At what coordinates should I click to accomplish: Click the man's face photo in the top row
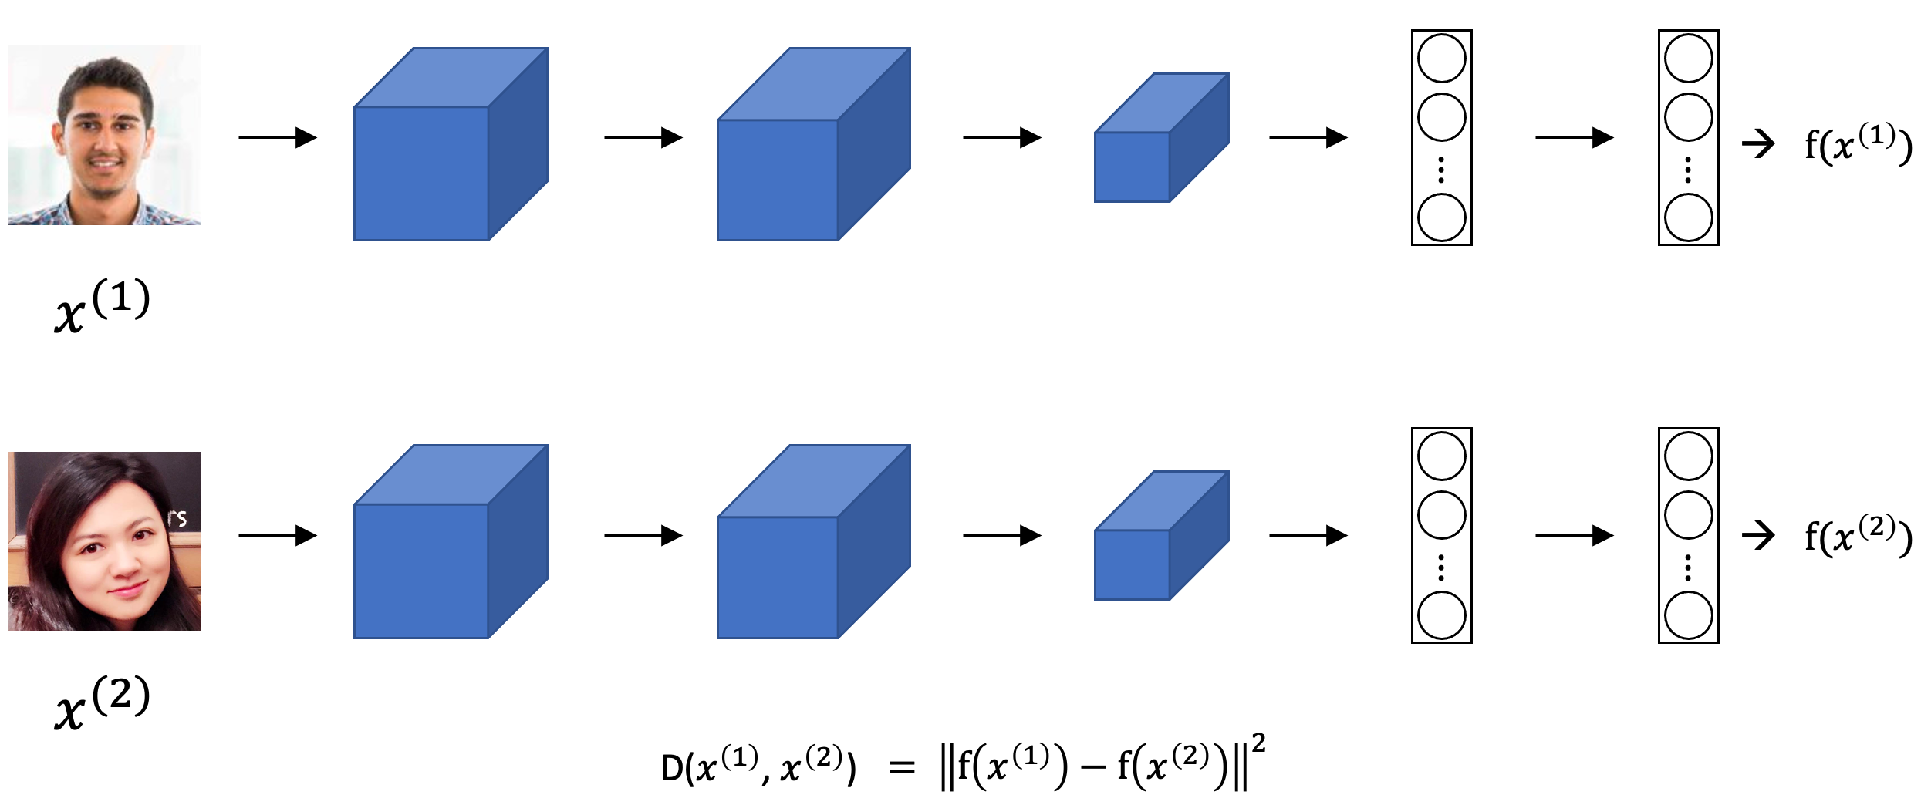click(x=104, y=136)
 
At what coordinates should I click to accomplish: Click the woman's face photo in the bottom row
click(x=104, y=541)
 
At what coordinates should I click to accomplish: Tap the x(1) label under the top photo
click(x=102, y=306)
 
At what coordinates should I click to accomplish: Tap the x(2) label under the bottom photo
click(x=102, y=703)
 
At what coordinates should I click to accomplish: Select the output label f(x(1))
click(x=1858, y=145)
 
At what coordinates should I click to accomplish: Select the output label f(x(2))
click(x=1858, y=536)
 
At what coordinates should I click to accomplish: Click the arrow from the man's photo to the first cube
click(x=278, y=137)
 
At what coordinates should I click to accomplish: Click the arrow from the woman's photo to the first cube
click(x=278, y=535)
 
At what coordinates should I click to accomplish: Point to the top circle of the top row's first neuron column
click(x=1441, y=59)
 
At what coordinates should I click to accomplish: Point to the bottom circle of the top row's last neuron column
click(x=1688, y=217)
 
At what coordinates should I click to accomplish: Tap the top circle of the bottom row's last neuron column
click(x=1688, y=456)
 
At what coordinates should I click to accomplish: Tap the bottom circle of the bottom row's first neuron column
click(x=1441, y=615)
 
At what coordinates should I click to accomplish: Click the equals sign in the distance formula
click(x=901, y=767)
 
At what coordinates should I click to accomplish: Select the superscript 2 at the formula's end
click(x=1258, y=743)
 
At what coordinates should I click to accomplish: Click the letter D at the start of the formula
click(x=671, y=768)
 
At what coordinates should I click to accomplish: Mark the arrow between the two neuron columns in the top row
click(x=1574, y=137)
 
